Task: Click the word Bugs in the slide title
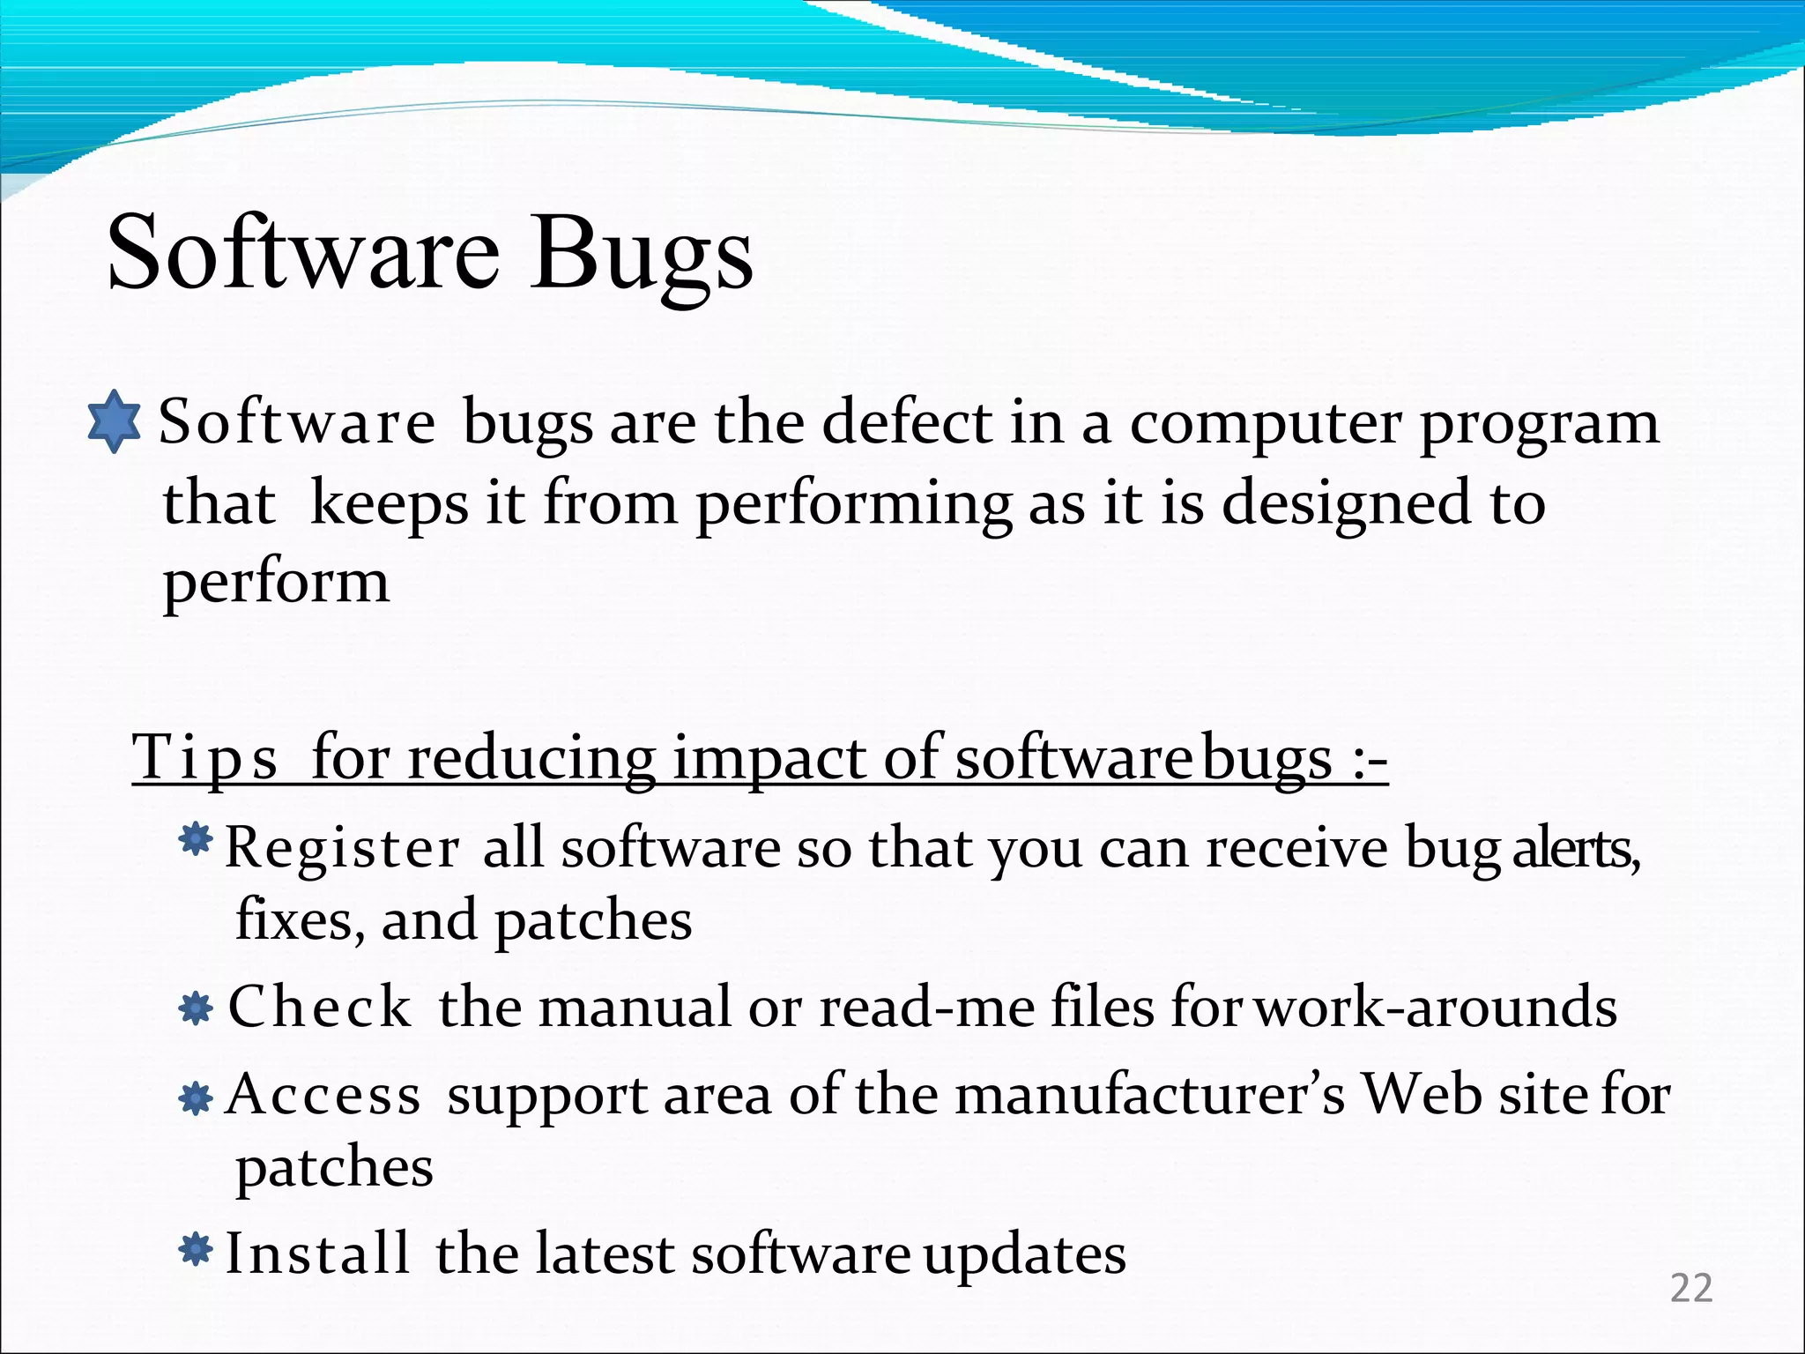coord(641,256)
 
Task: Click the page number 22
coord(1691,1289)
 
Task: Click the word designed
coord(1346,504)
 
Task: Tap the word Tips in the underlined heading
coord(205,757)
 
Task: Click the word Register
coord(343,848)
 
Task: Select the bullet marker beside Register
coord(195,839)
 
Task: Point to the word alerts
coord(1576,848)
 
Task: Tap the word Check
coord(320,1007)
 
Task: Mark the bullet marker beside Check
coord(195,1008)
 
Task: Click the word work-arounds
coord(1436,1007)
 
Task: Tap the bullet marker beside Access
coord(195,1098)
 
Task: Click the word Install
coord(317,1254)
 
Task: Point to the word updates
coord(1024,1255)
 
